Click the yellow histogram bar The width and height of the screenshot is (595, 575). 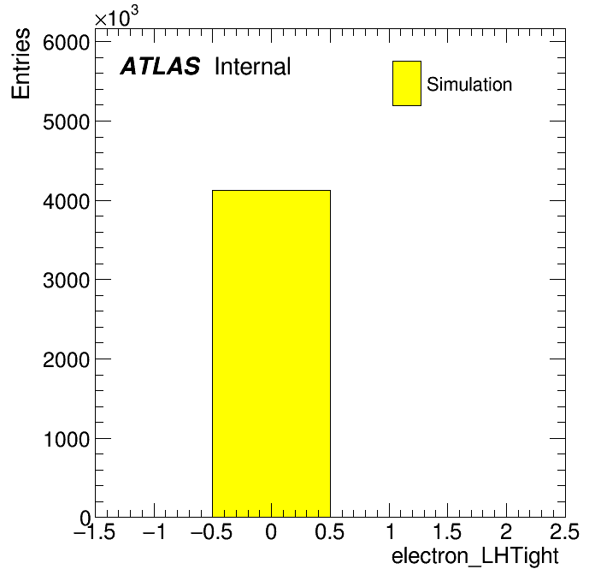tap(271, 353)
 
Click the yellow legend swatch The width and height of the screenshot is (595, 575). tap(407, 83)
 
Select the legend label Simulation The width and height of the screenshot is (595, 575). tap(469, 84)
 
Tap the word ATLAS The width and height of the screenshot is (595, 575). tap(160, 66)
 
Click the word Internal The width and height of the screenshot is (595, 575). tap(253, 66)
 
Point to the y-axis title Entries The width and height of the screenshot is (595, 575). tap(21, 63)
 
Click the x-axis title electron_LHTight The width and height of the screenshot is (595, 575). tap(475, 556)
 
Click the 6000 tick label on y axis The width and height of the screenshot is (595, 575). tap(66, 43)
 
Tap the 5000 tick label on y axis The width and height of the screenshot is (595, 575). tap(66, 122)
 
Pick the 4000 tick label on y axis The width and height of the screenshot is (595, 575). tap(66, 201)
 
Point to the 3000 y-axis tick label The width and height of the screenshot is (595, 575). tap(66, 281)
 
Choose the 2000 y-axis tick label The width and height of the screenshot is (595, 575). tap(66, 359)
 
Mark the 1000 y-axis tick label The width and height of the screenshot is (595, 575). tap(67, 439)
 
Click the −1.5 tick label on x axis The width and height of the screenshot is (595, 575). tap(95, 531)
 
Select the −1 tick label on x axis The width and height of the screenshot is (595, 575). tap(154, 531)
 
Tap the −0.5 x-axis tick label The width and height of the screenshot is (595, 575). tap(212, 531)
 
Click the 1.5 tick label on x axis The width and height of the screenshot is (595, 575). tap(447, 531)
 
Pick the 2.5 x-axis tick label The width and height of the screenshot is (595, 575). tap(564, 531)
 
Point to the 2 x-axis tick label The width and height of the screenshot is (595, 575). tap(506, 531)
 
